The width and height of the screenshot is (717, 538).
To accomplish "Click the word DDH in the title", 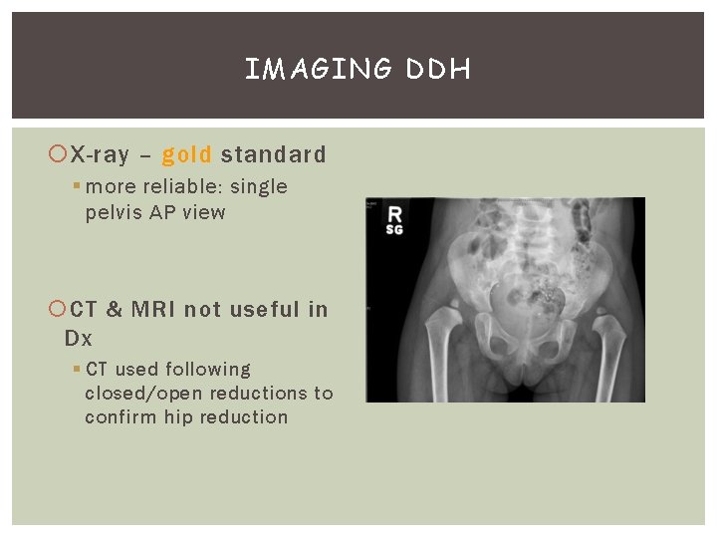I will pos(439,69).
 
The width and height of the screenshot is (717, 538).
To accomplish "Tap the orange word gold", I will pos(186,154).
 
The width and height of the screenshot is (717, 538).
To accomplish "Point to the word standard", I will pos(274,154).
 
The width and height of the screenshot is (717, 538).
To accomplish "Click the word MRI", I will pos(150,310).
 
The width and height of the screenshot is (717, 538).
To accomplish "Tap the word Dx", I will pos(78,338).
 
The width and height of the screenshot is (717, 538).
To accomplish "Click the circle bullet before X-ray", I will pos(58,155).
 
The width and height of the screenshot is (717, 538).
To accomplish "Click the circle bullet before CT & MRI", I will pos(58,311).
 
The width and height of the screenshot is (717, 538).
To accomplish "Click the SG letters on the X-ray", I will pos(394,230).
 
